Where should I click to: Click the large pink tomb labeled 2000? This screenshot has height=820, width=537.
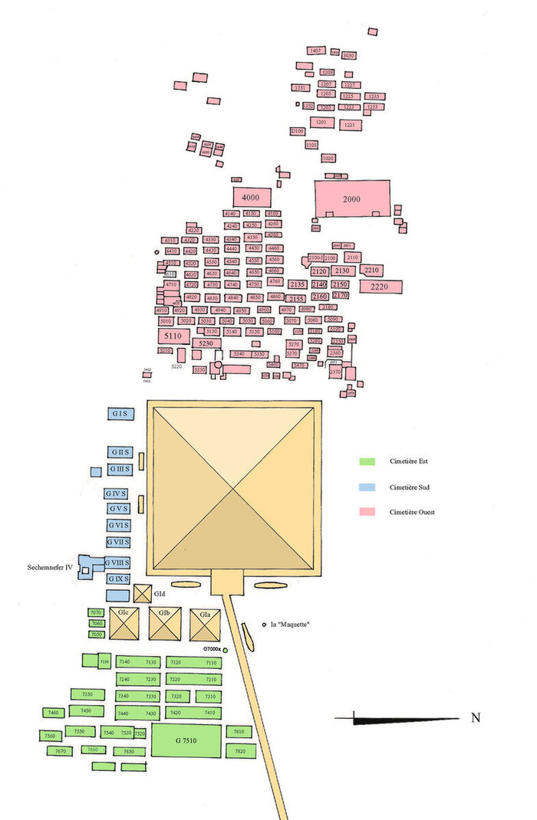click(x=351, y=199)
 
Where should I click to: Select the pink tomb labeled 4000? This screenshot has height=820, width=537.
click(x=251, y=198)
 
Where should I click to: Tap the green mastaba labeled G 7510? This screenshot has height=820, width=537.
click(x=186, y=740)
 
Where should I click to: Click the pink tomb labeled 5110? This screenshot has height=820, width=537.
click(x=173, y=336)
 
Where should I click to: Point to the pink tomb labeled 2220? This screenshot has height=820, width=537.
click(x=381, y=287)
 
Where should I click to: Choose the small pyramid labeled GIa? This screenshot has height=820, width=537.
click(x=205, y=624)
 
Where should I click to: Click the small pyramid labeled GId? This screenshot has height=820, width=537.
click(x=143, y=593)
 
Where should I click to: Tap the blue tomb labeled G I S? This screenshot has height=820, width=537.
click(x=120, y=413)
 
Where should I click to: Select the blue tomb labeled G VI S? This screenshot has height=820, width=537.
click(x=118, y=526)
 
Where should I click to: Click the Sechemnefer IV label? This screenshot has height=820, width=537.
click(x=48, y=567)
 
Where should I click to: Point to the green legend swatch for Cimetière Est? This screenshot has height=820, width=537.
click(x=367, y=462)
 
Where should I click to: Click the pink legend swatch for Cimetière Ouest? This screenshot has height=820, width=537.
click(x=367, y=511)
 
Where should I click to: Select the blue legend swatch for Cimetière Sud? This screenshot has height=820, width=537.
click(x=367, y=487)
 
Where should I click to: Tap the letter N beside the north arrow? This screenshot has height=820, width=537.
click(x=476, y=718)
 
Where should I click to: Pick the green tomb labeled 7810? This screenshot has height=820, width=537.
click(x=239, y=732)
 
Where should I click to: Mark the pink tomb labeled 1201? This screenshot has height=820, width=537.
click(x=321, y=123)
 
